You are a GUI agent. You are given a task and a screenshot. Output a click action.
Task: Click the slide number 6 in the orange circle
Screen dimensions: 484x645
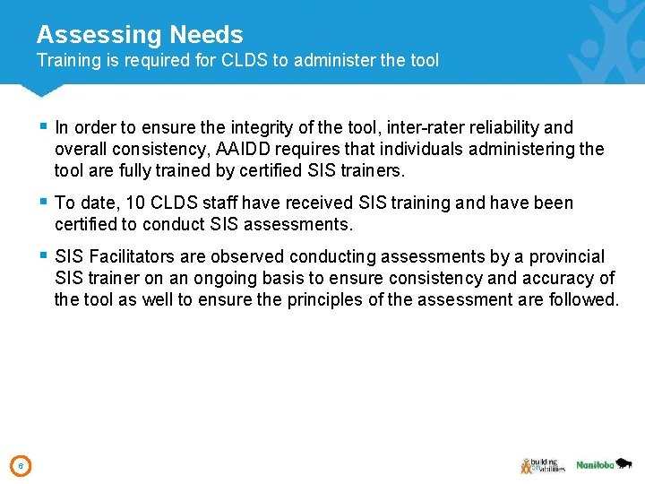coord(21,465)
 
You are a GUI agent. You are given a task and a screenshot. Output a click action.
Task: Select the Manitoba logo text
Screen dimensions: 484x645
coord(594,465)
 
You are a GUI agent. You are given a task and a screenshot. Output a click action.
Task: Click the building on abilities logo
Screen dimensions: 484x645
coord(541,465)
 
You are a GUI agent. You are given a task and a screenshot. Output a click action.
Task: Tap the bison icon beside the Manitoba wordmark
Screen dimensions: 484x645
coord(625,462)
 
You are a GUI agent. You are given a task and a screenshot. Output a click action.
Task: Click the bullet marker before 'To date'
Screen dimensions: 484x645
coord(44,203)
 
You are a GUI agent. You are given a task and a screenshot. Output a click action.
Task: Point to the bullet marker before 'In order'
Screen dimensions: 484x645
coord(44,127)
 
